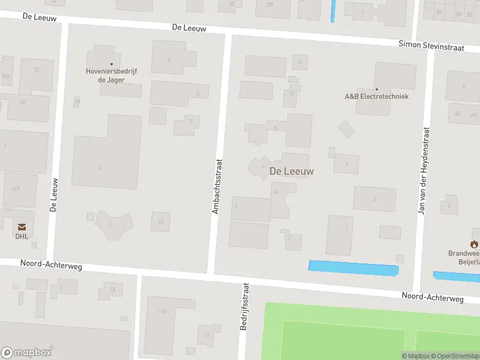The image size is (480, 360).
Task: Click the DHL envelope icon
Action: click(22, 227)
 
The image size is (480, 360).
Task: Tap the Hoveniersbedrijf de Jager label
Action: click(111, 75)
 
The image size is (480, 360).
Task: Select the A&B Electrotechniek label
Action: click(376, 96)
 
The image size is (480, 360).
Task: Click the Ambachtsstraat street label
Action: click(217, 186)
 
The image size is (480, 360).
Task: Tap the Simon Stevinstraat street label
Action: click(431, 46)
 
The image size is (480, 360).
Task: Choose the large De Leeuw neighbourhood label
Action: click(292, 171)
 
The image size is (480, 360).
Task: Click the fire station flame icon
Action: click(474, 244)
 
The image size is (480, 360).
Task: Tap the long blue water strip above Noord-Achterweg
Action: click(353, 268)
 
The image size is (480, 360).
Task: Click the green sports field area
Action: click(360, 333)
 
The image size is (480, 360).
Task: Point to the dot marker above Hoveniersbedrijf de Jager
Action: click(111, 64)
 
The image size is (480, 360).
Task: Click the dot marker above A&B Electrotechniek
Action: click(376, 89)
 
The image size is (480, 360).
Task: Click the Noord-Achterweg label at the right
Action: click(433, 297)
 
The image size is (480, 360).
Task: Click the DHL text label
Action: click(22, 236)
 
